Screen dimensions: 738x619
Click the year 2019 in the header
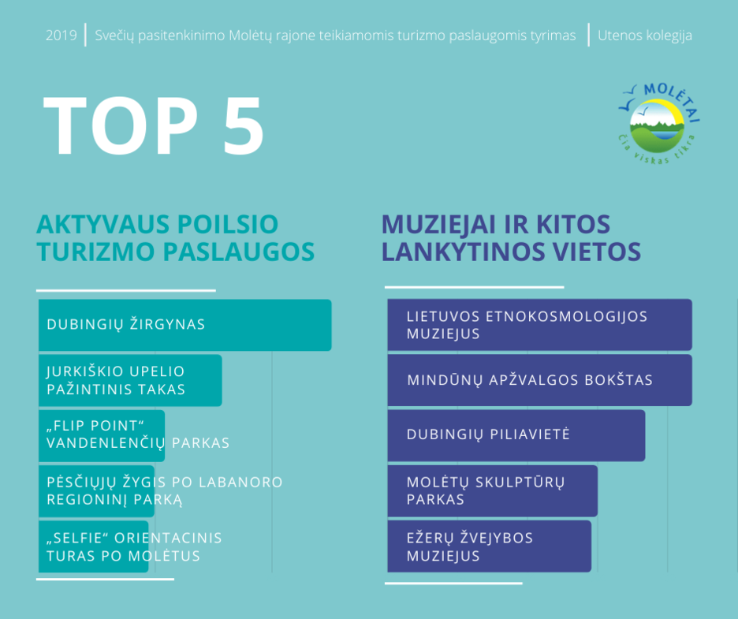point(61,35)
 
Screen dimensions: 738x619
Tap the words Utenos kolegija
point(645,35)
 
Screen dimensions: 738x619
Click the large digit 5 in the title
point(244,125)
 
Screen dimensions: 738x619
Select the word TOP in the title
point(121,125)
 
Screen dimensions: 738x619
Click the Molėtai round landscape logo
point(658,125)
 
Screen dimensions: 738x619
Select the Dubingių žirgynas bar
point(185,325)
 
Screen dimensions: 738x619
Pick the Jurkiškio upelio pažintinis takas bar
point(130,380)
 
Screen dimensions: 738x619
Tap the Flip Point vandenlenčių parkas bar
point(102,435)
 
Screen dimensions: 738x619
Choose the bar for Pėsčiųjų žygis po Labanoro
point(96,491)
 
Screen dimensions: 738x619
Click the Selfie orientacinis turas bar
point(94,546)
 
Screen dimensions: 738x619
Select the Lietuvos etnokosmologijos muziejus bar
point(540,325)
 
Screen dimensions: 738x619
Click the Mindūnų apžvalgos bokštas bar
point(540,380)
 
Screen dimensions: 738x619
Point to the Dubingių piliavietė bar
point(516,435)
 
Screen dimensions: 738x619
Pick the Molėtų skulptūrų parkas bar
point(493,491)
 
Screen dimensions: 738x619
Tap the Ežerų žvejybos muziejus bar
point(490,546)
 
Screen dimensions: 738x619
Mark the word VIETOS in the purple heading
point(596,252)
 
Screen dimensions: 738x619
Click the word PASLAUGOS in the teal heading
point(239,252)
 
